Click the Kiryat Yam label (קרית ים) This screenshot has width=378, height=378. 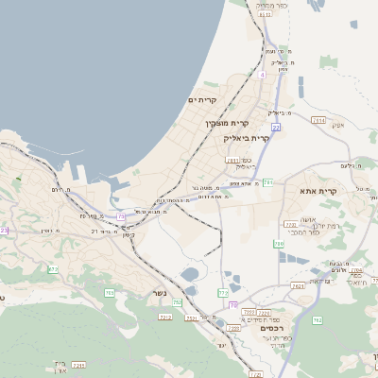pyautogui.click(x=202, y=100)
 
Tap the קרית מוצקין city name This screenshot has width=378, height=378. pyautogui.click(x=228, y=123)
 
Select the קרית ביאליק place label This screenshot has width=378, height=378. pyautogui.click(x=248, y=138)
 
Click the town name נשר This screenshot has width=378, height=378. pyautogui.click(x=159, y=293)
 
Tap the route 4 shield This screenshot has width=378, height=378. pyautogui.click(x=262, y=73)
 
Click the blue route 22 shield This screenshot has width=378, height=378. pyautogui.click(x=276, y=126)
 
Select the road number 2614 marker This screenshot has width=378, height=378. pyautogui.click(x=318, y=121)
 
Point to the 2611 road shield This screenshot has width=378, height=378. pyautogui.click(x=232, y=161)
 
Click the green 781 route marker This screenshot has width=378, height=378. pyautogui.click(x=268, y=181)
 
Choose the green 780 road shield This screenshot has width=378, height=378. pyautogui.click(x=279, y=244)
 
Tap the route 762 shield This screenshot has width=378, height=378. pyautogui.click(x=317, y=320)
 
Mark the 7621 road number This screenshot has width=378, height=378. pyautogui.click(x=299, y=285)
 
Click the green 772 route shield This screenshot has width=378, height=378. pyautogui.click(x=224, y=294)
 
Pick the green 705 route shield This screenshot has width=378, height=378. pyautogui.click(x=109, y=293)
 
